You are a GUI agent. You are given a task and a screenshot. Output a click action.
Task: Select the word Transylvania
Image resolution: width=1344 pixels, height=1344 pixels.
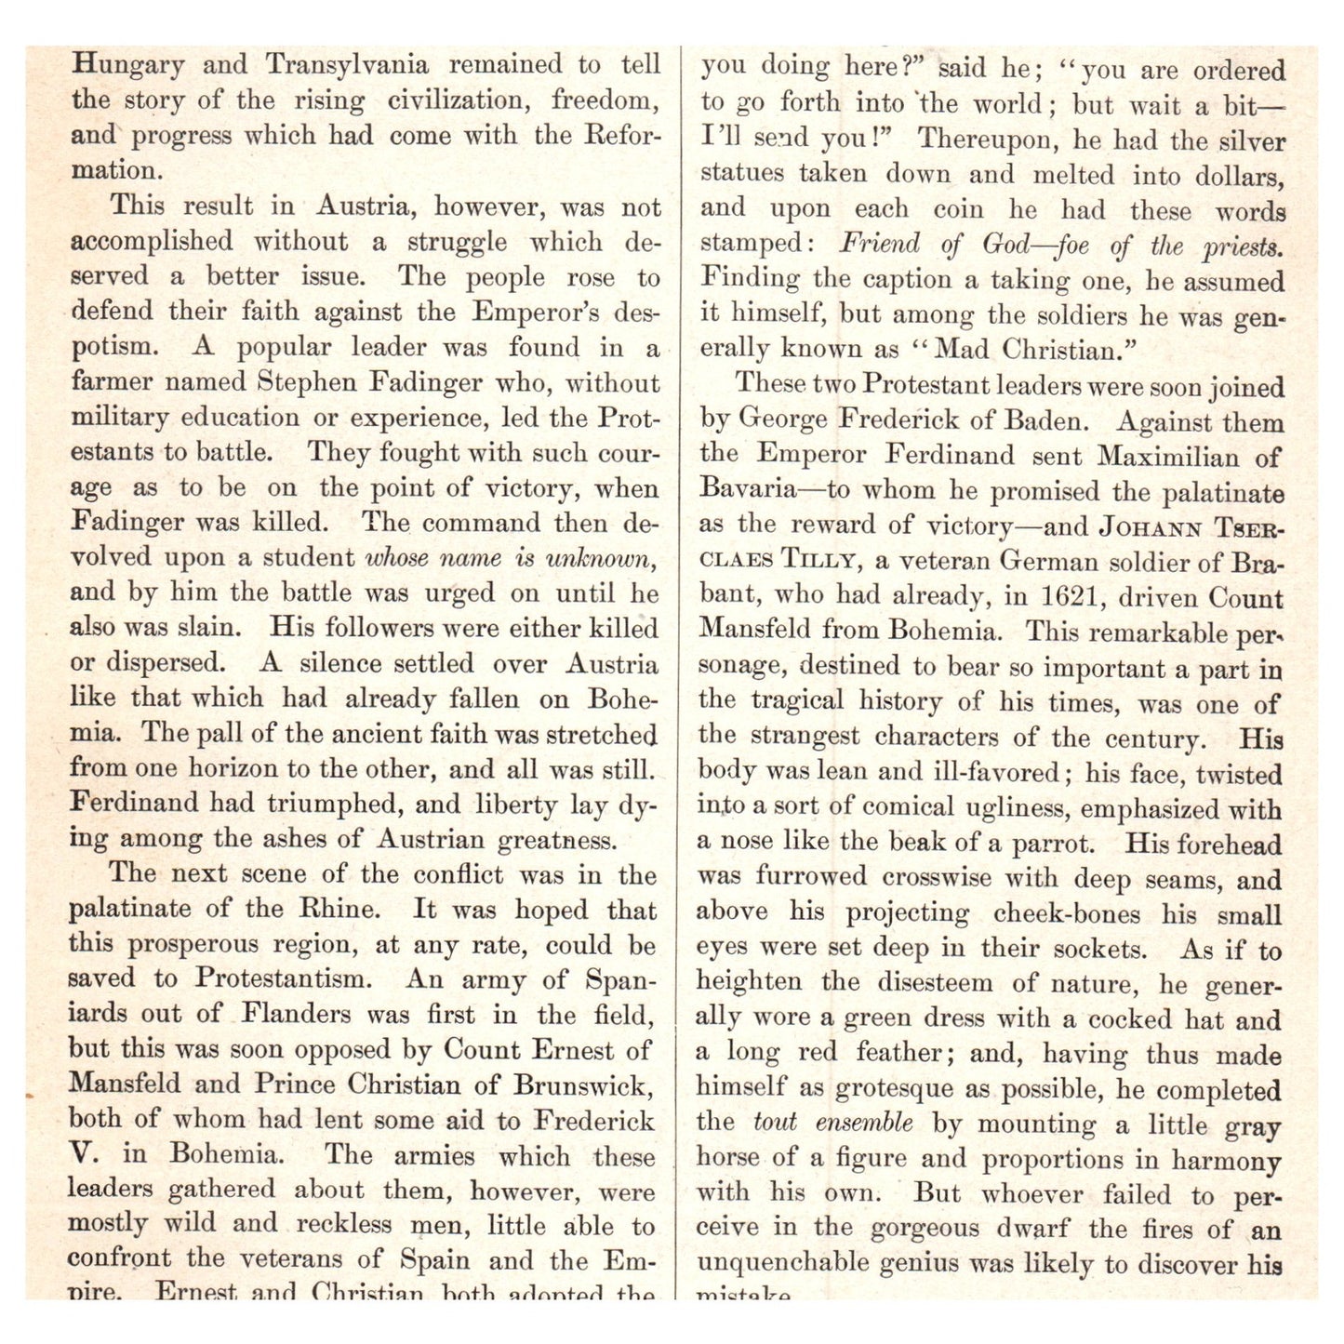(x=347, y=65)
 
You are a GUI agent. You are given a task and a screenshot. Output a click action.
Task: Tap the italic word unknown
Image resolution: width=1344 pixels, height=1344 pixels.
(x=601, y=558)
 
